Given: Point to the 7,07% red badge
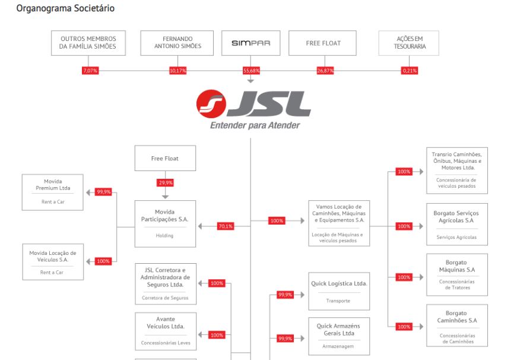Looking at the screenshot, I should [90, 71].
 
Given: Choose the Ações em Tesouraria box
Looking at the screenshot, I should [409, 43].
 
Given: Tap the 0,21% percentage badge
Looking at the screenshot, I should [410, 71].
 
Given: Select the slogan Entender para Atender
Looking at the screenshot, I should [255, 126].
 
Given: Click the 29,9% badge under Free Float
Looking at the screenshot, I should [166, 182].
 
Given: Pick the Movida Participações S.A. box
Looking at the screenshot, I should [165, 223].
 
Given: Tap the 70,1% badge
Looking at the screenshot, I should [226, 226].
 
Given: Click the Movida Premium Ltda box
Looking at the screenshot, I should [53, 192].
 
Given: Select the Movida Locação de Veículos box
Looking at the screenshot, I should [53, 261].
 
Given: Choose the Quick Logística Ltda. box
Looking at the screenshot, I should [339, 290].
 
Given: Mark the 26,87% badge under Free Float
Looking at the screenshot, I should [325, 71].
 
